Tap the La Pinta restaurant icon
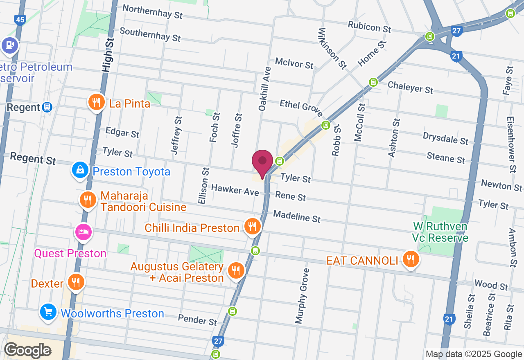pyautogui.click(x=96, y=102)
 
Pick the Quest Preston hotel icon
pyautogui.click(x=84, y=232)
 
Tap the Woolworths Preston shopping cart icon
pyautogui.click(x=49, y=313)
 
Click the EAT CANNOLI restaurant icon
pyautogui.click(x=410, y=259)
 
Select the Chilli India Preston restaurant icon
pyautogui.click(x=252, y=226)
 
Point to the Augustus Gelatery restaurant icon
pyautogui.click(x=235, y=270)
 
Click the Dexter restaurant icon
pyautogui.click(x=76, y=282)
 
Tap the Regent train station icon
pyautogui.click(x=47, y=107)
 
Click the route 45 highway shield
pyautogui.click(x=19, y=19)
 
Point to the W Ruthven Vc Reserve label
pyautogui.click(x=440, y=232)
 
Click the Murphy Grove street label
pyautogui.click(x=302, y=296)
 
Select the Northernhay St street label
pyautogui.click(x=152, y=12)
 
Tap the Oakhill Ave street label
pyautogui.click(x=264, y=89)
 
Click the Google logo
pyautogui.click(x=27, y=351)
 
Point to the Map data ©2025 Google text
pyautogui.click(x=474, y=354)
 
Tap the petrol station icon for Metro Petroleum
pyautogui.click(x=9, y=45)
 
